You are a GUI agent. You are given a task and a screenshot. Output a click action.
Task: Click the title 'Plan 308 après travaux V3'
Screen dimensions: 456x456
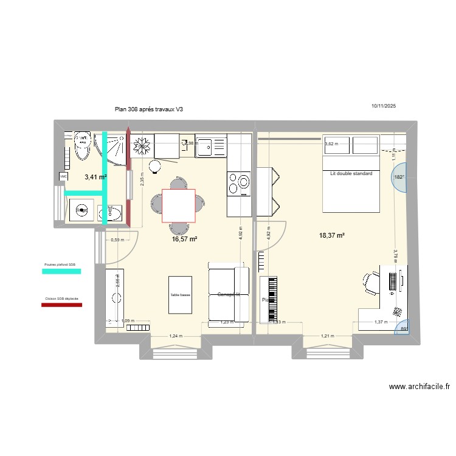click(148, 109)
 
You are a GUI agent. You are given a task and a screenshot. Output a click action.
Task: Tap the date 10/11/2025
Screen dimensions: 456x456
click(383, 106)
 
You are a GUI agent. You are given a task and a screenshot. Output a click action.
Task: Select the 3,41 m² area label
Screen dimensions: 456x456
click(95, 178)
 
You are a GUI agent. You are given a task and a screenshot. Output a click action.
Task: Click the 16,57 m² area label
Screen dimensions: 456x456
click(184, 240)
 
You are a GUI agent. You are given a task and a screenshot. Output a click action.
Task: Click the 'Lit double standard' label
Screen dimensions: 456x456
click(351, 174)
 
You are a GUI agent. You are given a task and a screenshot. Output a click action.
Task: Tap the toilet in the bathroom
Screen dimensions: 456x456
click(81, 145)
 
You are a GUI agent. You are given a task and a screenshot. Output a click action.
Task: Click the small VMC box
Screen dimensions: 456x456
click(63, 176)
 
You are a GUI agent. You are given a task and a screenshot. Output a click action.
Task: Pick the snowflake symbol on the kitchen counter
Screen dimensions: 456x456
click(142, 145)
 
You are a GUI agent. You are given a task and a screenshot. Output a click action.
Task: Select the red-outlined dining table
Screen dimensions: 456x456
click(178, 206)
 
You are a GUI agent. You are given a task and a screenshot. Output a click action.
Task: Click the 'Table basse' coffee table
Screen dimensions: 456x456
click(181, 295)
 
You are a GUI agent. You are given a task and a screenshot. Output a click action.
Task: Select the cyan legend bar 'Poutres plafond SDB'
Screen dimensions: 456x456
click(61, 272)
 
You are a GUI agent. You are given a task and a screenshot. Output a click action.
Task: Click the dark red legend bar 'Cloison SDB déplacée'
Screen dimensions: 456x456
click(61, 305)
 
